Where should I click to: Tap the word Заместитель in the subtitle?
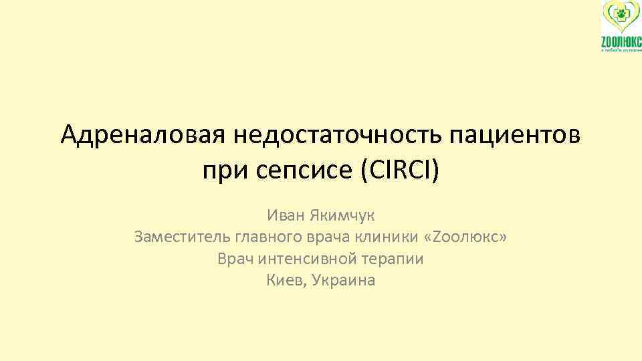point(181,237)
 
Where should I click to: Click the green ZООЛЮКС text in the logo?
point(620,42)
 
